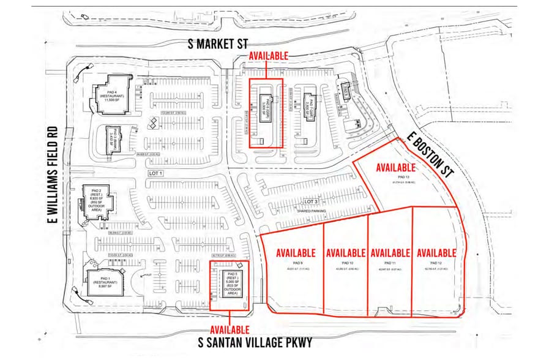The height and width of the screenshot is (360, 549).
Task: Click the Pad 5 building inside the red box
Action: point(230,284)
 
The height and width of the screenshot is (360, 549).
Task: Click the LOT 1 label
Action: point(156,174)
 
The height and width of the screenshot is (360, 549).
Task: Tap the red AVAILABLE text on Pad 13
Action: point(396,168)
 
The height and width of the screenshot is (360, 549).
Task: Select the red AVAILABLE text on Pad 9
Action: point(296,252)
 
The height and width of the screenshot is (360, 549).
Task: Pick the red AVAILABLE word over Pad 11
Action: point(390,252)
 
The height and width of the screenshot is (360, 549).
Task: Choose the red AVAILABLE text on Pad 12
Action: point(436,252)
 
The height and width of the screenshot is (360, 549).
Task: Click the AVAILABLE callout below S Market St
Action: point(268,56)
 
